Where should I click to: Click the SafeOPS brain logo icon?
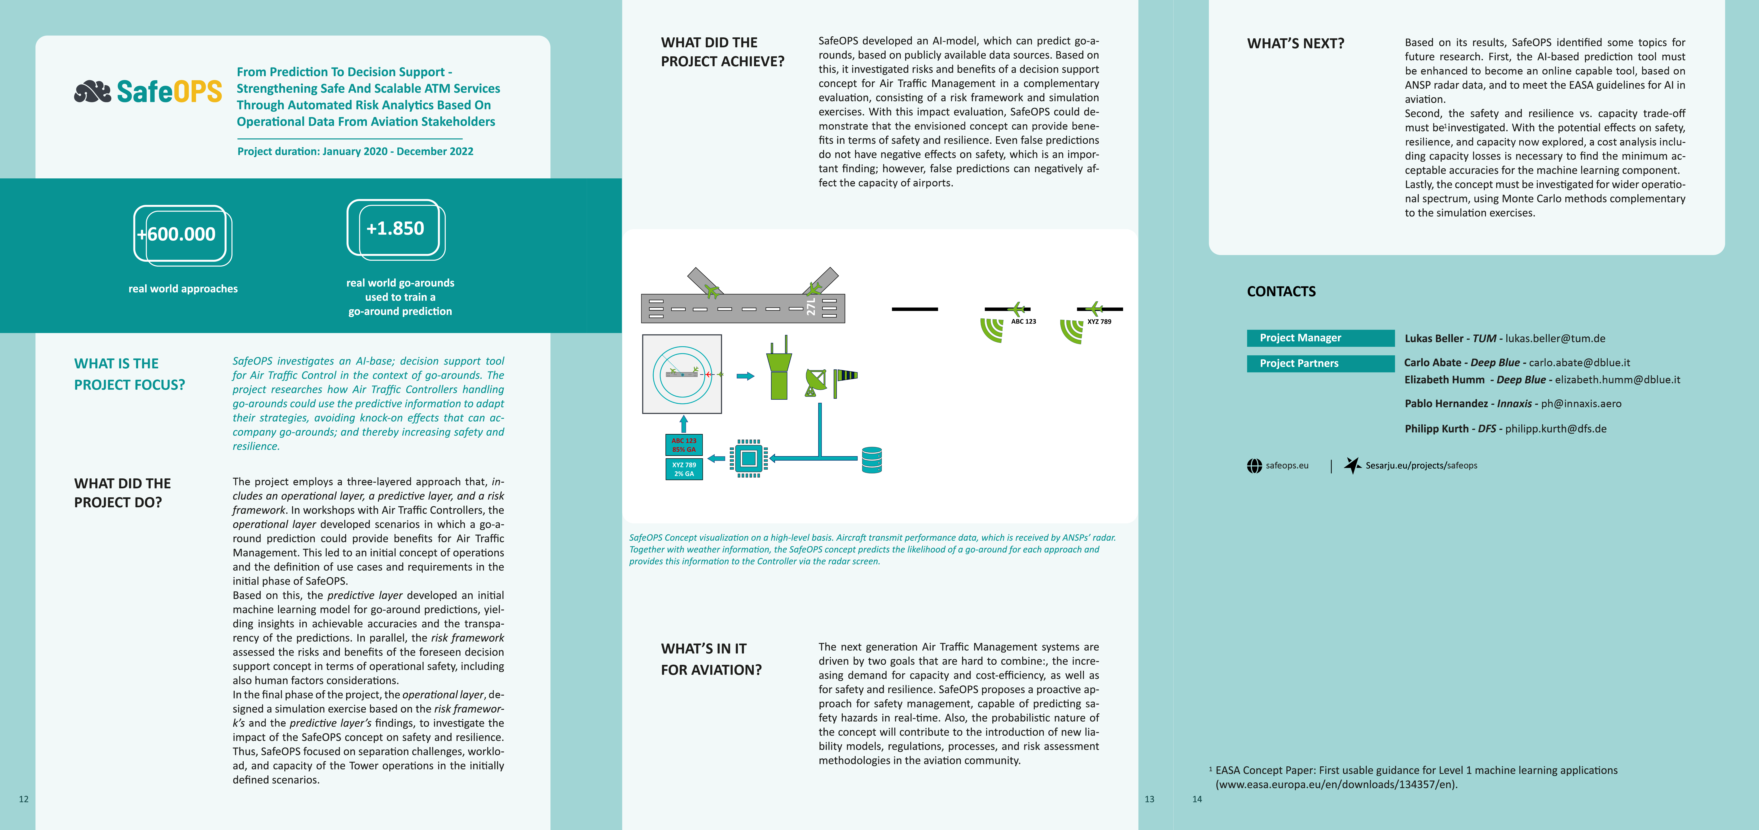(92, 92)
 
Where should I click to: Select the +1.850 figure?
(395, 228)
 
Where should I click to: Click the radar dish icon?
(815, 383)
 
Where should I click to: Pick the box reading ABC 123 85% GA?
(684, 445)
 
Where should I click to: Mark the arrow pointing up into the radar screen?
(684, 424)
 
